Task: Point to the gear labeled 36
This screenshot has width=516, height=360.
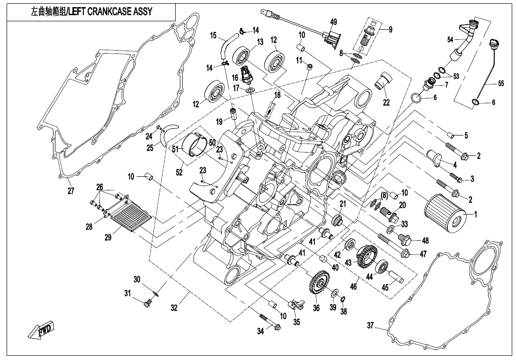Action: pos(316,285)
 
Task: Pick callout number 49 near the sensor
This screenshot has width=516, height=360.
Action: pos(333,22)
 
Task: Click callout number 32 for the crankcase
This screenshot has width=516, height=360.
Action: pos(174,308)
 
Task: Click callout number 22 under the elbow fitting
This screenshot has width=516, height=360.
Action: pos(386,103)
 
